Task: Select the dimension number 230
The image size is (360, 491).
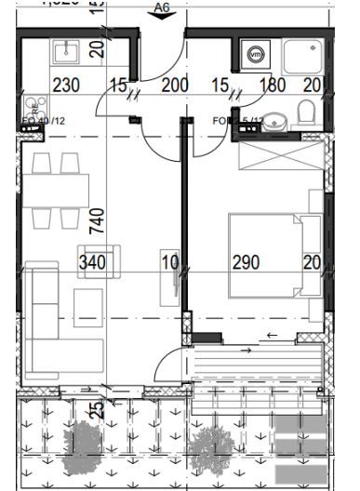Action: point(66,86)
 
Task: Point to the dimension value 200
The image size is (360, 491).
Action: point(175,86)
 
